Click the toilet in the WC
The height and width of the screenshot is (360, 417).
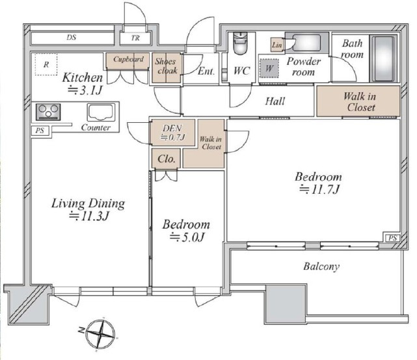pyautogui.click(x=240, y=43)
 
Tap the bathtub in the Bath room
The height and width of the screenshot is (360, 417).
pyautogui.click(x=383, y=58)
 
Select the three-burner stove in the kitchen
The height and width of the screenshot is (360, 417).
pyautogui.click(x=48, y=112)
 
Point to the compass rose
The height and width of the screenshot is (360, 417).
pyautogui.click(x=100, y=335)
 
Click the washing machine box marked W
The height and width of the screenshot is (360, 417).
pyautogui.click(x=269, y=68)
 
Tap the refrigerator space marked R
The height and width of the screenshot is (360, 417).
pyautogui.click(x=46, y=64)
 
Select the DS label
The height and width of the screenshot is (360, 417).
pyautogui.click(x=72, y=37)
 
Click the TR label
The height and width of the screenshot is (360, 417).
pyautogui.click(x=135, y=38)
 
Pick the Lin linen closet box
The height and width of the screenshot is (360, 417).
pyautogui.click(x=277, y=45)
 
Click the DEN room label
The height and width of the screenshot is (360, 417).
pyautogui.click(x=172, y=128)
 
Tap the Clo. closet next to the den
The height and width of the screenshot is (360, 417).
pyautogui.click(x=166, y=159)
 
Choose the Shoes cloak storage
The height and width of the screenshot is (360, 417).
pyautogui.click(x=167, y=68)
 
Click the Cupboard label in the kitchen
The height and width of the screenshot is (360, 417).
pyautogui.click(x=128, y=59)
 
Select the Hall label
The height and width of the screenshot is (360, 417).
pyautogui.click(x=275, y=101)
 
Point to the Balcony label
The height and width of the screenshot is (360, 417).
pyautogui.click(x=321, y=266)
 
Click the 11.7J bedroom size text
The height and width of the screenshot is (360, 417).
pyautogui.click(x=319, y=190)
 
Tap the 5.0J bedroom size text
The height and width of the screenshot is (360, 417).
pyautogui.click(x=187, y=237)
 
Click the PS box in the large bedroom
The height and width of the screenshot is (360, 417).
pyautogui.click(x=392, y=238)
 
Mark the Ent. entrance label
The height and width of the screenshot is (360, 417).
pyautogui.click(x=206, y=71)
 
